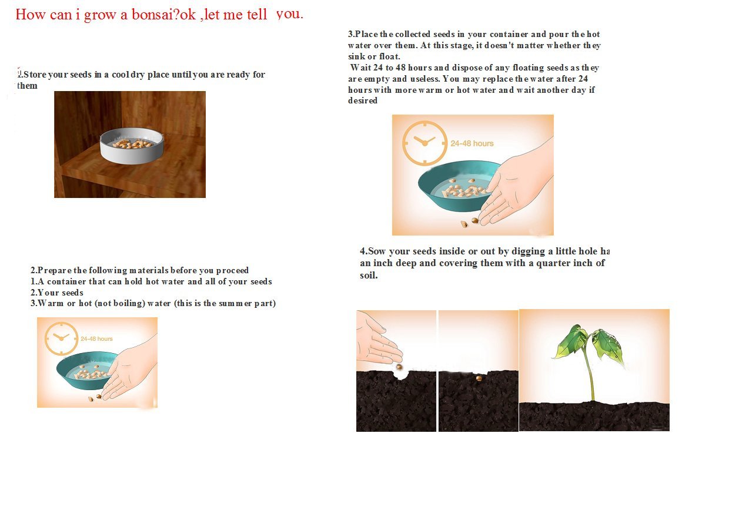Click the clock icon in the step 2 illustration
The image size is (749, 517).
point(61,338)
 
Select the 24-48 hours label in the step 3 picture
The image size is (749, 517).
point(472,143)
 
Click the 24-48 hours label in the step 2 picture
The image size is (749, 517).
point(96,339)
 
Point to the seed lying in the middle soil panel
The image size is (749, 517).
point(479,378)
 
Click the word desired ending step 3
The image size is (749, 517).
point(363,100)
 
